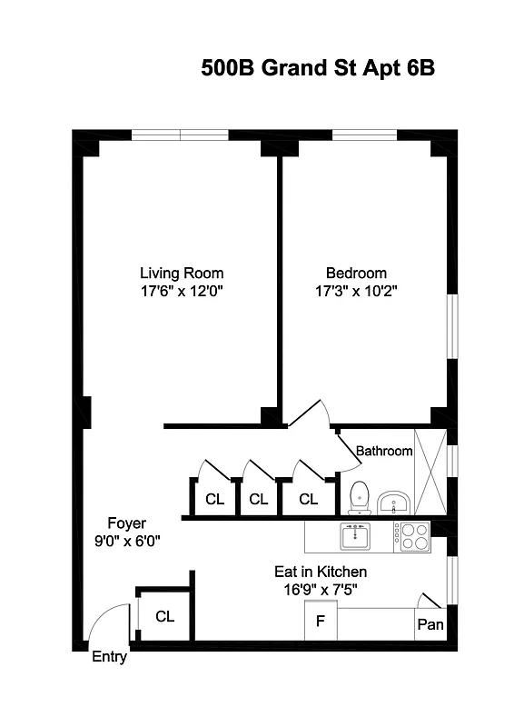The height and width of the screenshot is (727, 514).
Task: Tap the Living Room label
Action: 182,273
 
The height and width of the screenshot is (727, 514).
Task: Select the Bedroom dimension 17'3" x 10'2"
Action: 356,291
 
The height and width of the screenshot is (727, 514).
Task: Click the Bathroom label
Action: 383,451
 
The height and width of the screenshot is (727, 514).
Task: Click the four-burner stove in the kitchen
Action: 414,536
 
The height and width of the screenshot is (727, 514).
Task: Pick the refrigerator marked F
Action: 321,623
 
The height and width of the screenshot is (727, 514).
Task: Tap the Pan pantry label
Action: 430,624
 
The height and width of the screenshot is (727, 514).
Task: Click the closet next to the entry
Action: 164,616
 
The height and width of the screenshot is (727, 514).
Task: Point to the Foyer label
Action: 126,523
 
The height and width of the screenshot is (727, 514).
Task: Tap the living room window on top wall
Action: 180,135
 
